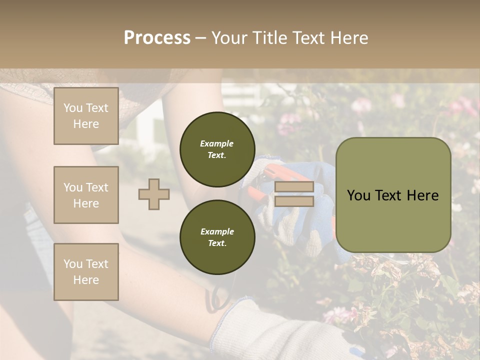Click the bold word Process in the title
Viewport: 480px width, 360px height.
coord(157,38)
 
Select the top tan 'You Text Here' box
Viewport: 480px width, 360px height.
coord(86,116)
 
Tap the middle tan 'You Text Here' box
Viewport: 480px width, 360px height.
coord(86,195)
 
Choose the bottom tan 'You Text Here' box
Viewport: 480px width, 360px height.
coord(86,272)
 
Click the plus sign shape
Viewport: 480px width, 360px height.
coord(154,194)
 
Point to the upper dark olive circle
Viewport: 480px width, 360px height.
coord(217,149)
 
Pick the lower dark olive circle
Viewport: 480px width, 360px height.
coord(217,237)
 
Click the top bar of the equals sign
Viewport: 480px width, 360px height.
coord(294,187)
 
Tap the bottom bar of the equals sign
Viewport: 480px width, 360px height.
coord(294,201)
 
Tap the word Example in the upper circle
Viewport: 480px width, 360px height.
coord(216,143)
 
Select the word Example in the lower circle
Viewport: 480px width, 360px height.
coord(217,231)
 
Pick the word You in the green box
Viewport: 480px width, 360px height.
coord(358,195)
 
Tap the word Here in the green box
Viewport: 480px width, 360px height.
coord(423,195)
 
